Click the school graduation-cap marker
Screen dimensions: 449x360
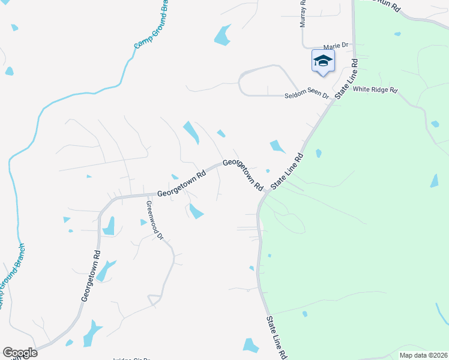323,61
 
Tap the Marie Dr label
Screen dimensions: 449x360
336,46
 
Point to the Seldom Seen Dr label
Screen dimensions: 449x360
307,95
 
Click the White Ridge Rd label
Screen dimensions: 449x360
375,90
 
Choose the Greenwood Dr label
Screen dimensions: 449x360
152,220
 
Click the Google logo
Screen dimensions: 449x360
20,353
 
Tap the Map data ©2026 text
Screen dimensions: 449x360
423,355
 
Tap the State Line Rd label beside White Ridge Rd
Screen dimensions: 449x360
346,78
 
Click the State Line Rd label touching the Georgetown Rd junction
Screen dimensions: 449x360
287,172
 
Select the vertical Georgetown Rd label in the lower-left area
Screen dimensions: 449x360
91,277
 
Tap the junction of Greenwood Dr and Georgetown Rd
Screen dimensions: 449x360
146,195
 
